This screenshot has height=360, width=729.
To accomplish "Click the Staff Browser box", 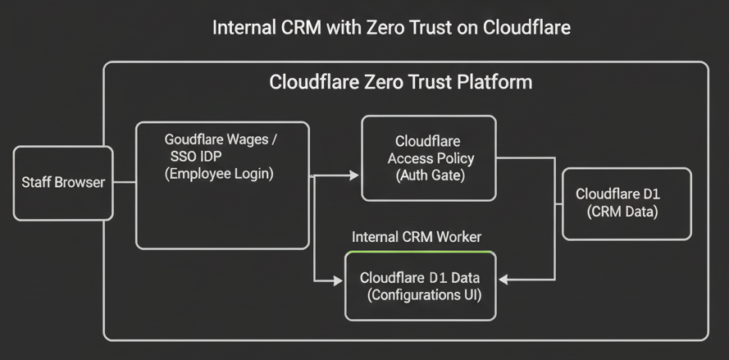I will click(63, 183).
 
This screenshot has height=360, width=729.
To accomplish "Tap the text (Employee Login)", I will click(220, 174).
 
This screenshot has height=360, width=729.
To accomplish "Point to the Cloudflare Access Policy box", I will click(429, 158).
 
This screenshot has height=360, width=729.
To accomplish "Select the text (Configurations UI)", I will click(420, 294).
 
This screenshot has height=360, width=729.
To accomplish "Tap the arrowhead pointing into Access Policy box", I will click(354, 175).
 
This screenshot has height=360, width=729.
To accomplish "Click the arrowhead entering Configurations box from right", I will click(503, 280).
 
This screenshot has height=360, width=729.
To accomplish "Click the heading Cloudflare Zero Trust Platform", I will click(401, 83).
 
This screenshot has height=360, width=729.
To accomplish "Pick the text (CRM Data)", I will click(623, 212).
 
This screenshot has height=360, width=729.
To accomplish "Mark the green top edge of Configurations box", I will click(420, 252).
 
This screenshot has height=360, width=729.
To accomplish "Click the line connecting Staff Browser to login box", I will click(124, 183).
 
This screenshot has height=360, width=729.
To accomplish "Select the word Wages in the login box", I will click(251, 139).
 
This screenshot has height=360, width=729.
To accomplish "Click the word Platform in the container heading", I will click(494, 83).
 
